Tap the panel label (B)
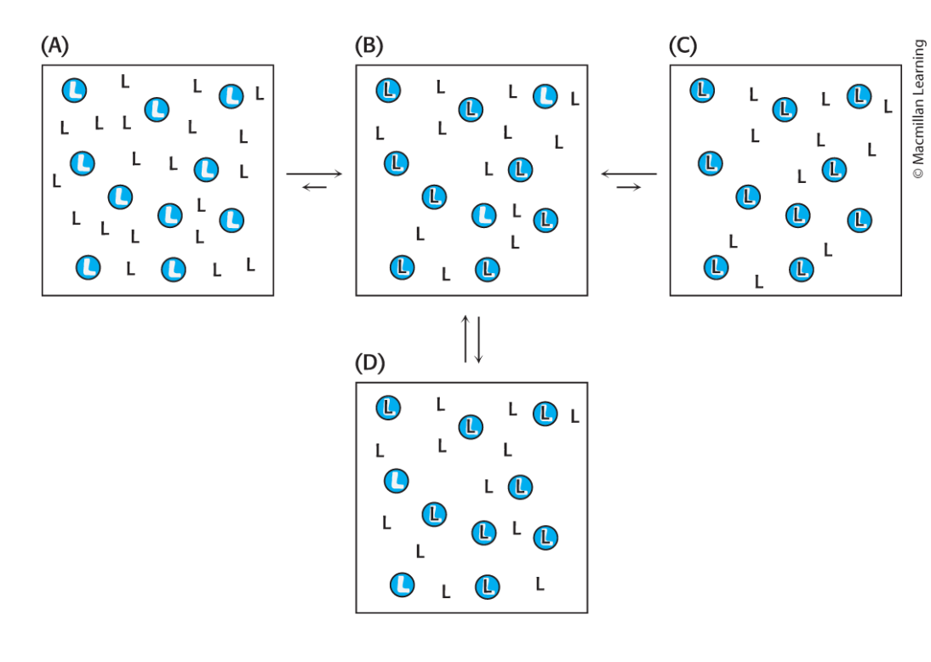[x=372, y=48]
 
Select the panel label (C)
[x=684, y=48]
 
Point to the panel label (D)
[x=372, y=364]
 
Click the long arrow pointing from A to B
[x=314, y=174]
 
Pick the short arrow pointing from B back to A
[x=314, y=187]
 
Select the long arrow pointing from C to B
[x=629, y=174]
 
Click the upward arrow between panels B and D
[x=465, y=339]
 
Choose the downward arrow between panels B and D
[x=478, y=339]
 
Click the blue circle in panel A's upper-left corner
[x=74, y=89]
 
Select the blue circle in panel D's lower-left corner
[x=402, y=585]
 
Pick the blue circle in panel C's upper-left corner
[x=702, y=89]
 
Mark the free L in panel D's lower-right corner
[x=540, y=584]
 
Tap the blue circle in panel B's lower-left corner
[x=402, y=267]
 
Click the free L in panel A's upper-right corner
[x=259, y=92]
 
